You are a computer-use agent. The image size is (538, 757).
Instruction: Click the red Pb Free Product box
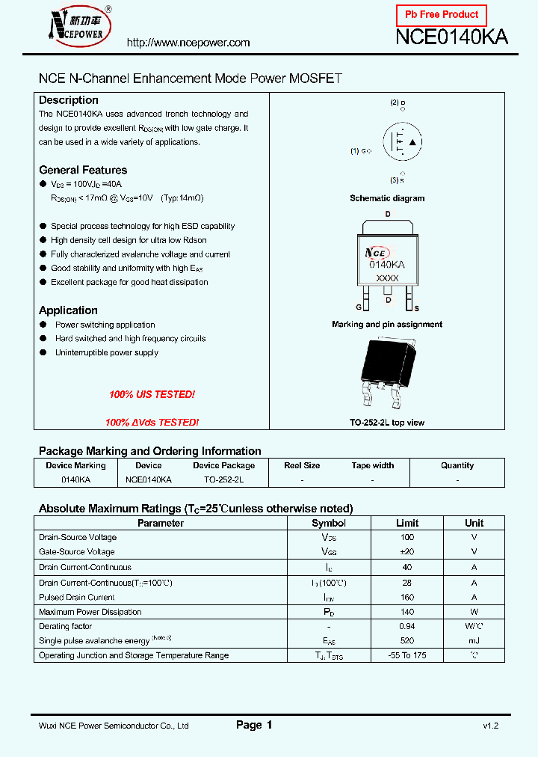(x=441, y=15)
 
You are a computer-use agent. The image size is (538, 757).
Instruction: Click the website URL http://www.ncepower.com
(x=188, y=43)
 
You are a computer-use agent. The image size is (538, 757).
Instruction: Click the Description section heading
(x=69, y=100)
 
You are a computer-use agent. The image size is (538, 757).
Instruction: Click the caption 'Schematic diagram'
(x=387, y=198)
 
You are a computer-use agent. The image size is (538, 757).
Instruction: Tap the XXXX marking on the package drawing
(x=387, y=278)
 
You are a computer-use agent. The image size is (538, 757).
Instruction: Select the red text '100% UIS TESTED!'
(x=152, y=394)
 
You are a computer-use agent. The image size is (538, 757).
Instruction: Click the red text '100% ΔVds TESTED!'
(x=152, y=423)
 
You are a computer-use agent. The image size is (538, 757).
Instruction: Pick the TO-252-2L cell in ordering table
(x=223, y=479)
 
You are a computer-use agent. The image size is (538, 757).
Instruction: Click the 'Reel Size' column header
(x=302, y=465)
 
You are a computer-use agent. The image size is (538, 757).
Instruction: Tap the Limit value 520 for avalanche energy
(x=407, y=641)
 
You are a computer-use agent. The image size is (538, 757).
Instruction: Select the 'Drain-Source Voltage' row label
(x=78, y=537)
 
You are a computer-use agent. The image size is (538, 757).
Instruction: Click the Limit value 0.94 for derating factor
(x=407, y=626)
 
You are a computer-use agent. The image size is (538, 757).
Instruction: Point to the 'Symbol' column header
(x=329, y=523)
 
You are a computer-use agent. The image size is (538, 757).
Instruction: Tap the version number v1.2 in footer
(x=490, y=726)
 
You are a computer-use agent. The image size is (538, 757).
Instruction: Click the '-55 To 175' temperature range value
(x=407, y=655)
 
